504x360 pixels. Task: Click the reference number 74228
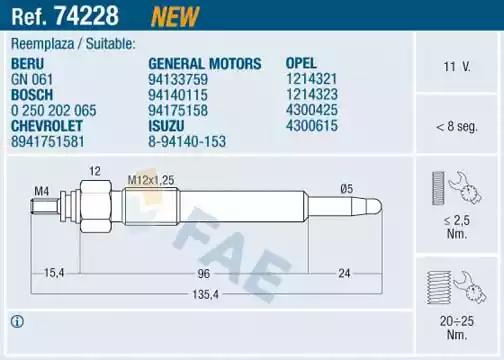click(87, 15)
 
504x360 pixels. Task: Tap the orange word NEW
click(175, 16)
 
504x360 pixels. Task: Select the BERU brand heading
click(27, 64)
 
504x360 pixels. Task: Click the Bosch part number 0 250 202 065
click(54, 110)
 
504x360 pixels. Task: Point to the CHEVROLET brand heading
click(47, 126)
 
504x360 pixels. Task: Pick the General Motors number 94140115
click(178, 95)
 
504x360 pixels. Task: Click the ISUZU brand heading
click(166, 126)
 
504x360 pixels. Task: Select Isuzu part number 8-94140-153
click(187, 141)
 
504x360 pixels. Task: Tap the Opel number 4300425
click(312, 110)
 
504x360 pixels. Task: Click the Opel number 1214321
click(312, 79)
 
